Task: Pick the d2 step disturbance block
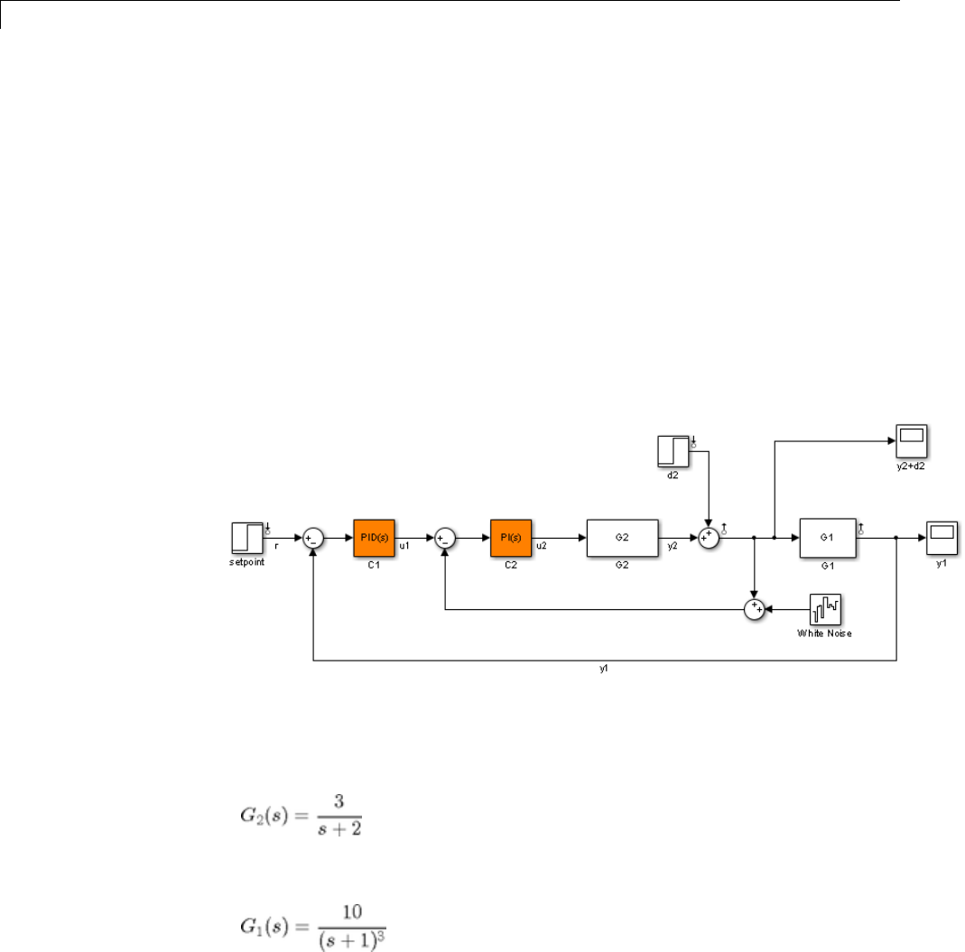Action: (x=673, y=452)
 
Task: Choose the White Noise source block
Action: (x=825, y=610)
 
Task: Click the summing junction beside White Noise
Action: (x=754, y=610)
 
